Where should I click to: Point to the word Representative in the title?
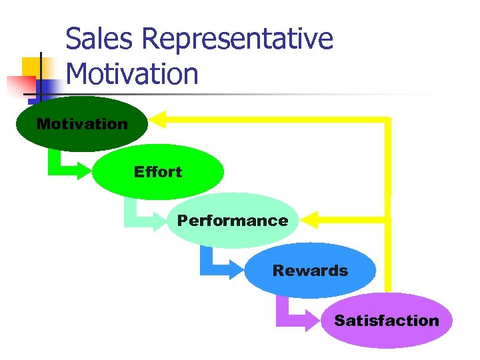pos(237,40)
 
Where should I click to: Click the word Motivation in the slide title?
pos(133,73)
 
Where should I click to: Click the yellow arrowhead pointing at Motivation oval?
pos(157,120)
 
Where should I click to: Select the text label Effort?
pos(157,172)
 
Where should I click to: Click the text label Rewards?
pos(310,271)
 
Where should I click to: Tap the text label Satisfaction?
pos(387,321)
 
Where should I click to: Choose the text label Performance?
pos(233,221)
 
